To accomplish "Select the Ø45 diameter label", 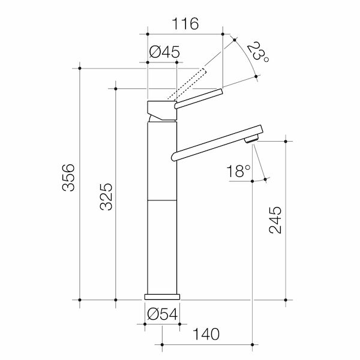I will [163, 52].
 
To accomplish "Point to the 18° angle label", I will [238, 172].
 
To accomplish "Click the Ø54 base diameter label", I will [161, 314].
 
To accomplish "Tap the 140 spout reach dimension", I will [206, 334].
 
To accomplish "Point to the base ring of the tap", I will [162, 297].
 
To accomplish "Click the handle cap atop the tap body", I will [161, 111].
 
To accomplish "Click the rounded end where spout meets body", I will [174, 157].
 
